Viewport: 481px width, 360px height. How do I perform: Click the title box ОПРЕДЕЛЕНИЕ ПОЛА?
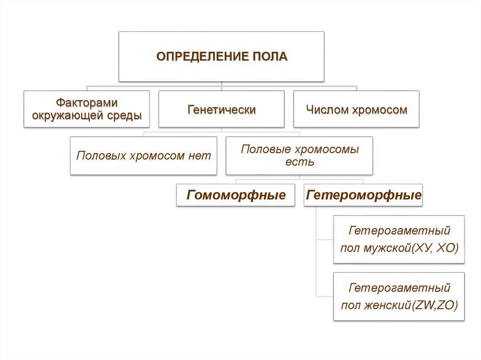(221, 57)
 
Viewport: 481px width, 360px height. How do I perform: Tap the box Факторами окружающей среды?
(87, 109)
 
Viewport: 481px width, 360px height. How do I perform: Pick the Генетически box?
(221, 110)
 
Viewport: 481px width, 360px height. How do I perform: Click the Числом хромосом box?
(356, 110)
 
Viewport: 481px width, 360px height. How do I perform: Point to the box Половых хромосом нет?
(144, 156)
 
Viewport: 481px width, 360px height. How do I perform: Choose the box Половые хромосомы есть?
(299, 156)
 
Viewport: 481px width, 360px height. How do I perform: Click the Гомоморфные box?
(236, 195)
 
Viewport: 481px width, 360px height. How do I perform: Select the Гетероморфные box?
(364, 195)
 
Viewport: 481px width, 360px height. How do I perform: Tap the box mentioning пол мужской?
(399, 239)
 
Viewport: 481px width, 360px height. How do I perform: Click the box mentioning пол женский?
(399, 296)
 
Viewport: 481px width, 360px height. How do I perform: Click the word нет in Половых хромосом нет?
(201, 156)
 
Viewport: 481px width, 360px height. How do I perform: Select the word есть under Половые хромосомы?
(299, 162)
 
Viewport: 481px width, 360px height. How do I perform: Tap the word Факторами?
(87, 102)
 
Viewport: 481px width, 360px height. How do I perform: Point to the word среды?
(127, 115)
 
